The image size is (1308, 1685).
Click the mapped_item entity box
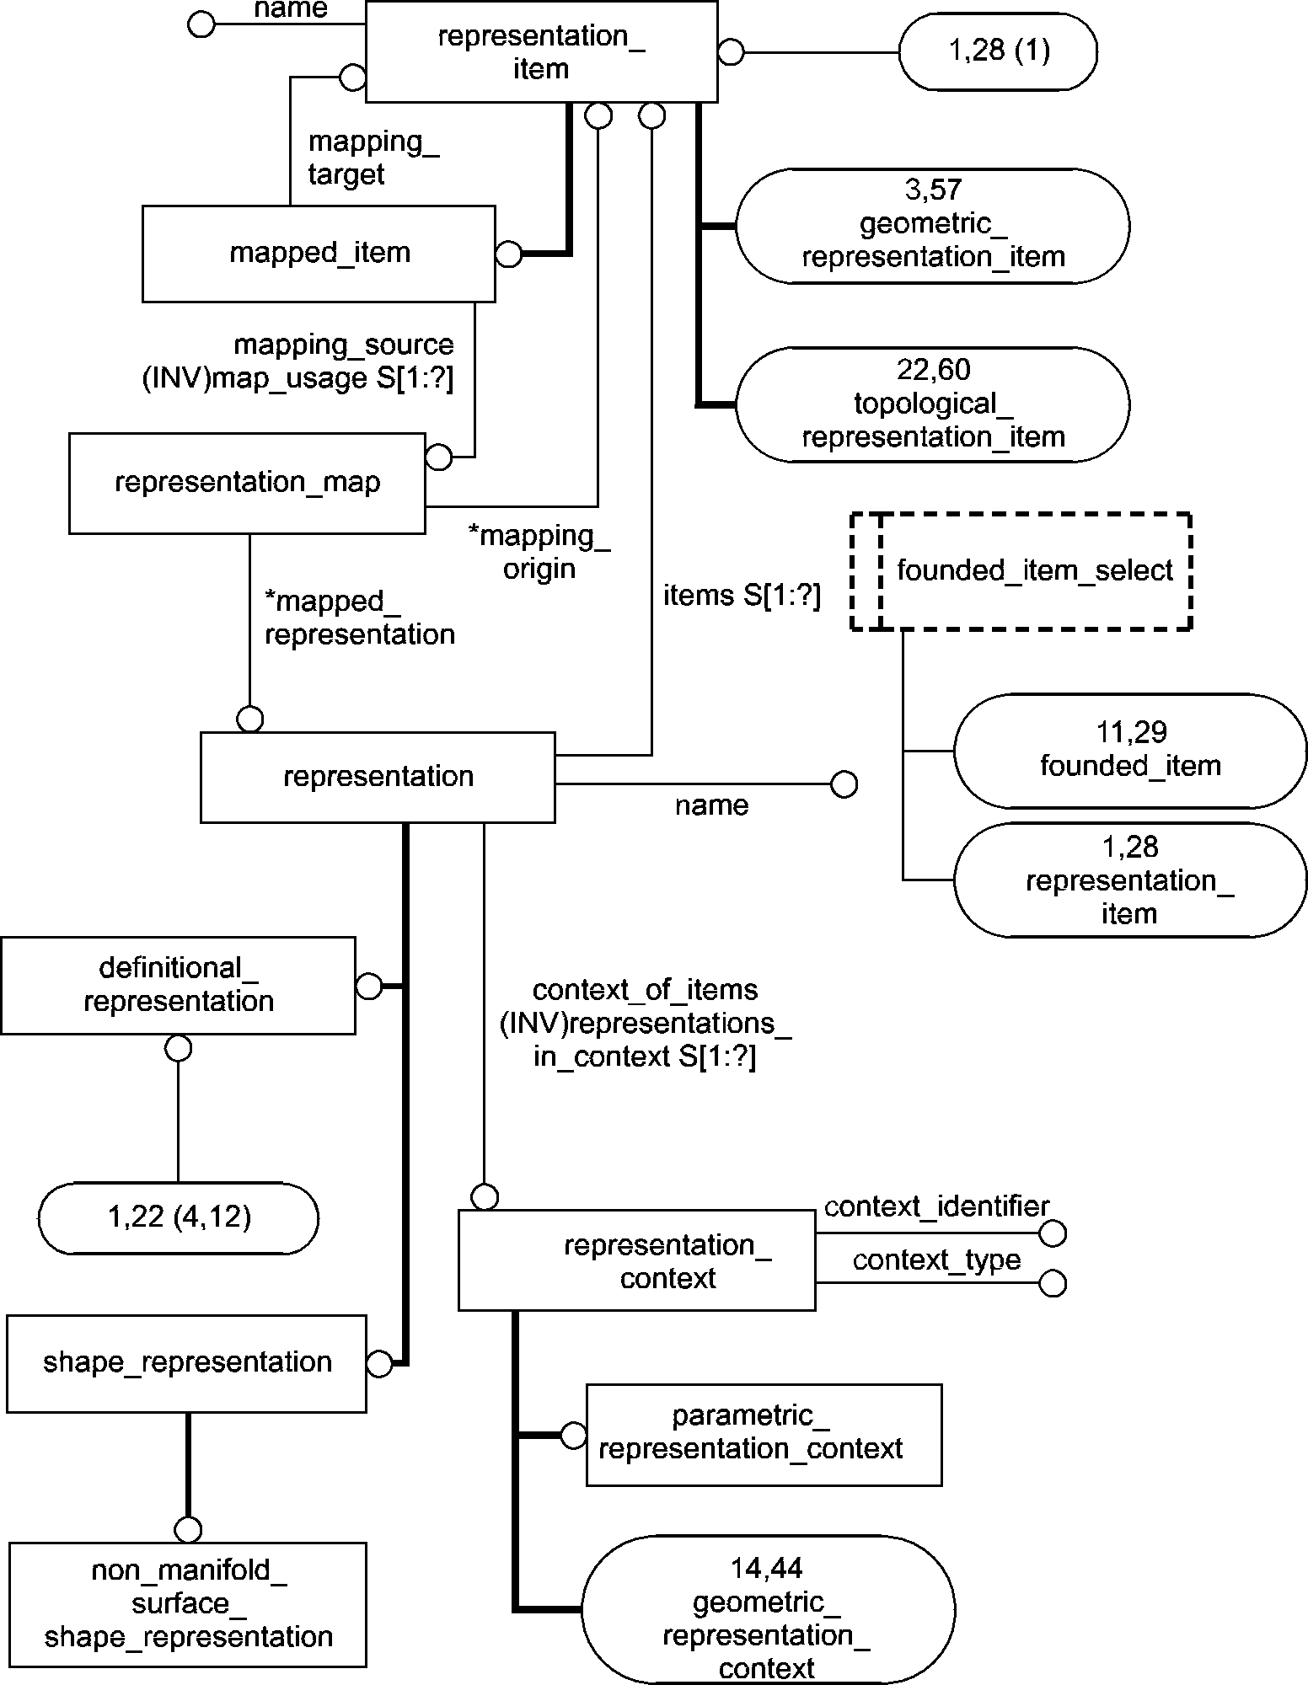click(319, 254)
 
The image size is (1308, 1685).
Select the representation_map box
click(247, 483)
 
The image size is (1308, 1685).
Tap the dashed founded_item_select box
click(1021, 571)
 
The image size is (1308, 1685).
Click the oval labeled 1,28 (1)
click(999, 51)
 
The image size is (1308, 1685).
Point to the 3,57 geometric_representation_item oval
click(932, 226)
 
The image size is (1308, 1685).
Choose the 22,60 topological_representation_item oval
click(932, 404)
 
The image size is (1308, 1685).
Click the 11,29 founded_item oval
click(1130, 750)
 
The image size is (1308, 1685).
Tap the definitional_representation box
click(178, 985)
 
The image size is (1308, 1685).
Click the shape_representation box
click(186, 1362)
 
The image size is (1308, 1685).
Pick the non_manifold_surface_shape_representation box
click(188, 1604)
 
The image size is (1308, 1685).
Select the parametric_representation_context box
click(764, 1434)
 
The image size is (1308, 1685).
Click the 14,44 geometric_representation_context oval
click(767, 1618)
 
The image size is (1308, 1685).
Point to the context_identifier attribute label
click(936, 1206)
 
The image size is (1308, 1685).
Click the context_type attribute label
click(936, 1260)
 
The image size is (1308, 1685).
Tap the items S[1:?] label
click(742, 596)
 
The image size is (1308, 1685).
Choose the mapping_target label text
click(373, 158)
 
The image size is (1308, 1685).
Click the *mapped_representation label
click(360, 618)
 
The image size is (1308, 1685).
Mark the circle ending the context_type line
click(1053, 1283)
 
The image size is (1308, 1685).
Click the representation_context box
click(637, 1261)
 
